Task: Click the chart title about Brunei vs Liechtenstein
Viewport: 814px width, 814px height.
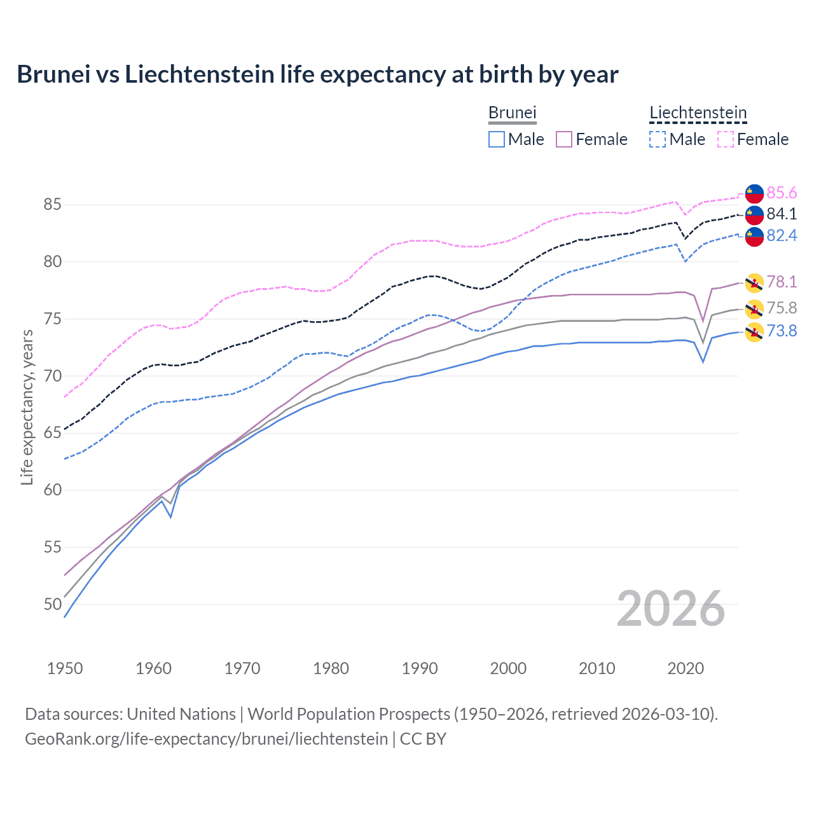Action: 317,74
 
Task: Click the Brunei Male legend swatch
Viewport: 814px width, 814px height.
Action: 497,139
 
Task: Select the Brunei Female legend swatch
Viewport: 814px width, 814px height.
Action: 564,139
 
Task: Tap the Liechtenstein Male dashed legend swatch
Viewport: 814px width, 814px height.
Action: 658,139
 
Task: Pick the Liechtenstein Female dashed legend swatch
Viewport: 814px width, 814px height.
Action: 726,139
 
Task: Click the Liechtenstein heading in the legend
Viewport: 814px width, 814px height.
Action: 698,113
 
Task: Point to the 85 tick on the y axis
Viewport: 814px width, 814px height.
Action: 52,205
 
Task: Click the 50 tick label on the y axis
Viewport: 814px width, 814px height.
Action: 52,604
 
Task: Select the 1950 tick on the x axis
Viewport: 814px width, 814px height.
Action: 65,668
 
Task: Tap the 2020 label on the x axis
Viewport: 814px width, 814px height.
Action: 686,668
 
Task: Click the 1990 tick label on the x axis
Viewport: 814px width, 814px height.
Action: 420,668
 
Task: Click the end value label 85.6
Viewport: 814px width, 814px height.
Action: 782,193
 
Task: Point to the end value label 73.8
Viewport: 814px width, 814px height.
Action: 782,331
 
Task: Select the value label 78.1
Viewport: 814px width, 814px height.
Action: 782,282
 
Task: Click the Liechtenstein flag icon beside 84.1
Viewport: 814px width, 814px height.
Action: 754,214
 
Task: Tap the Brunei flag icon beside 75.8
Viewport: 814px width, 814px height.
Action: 754,308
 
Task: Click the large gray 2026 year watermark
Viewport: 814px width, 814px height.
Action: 670,609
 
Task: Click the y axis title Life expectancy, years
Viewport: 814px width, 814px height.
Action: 27,407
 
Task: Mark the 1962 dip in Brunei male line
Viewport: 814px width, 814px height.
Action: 170,517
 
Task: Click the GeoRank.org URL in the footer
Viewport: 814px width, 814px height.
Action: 206,739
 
